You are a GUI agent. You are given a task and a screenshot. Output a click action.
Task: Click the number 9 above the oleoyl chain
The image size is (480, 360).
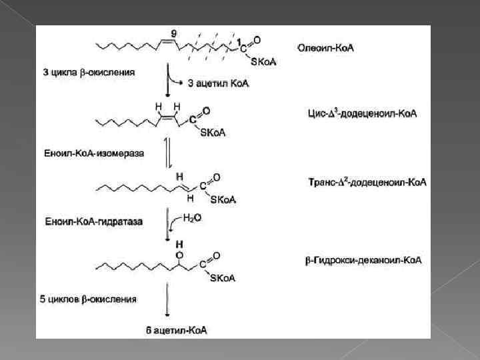click(173, 33)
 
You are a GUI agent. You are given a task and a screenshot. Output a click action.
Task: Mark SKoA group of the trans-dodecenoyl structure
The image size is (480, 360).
click(222, 199)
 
